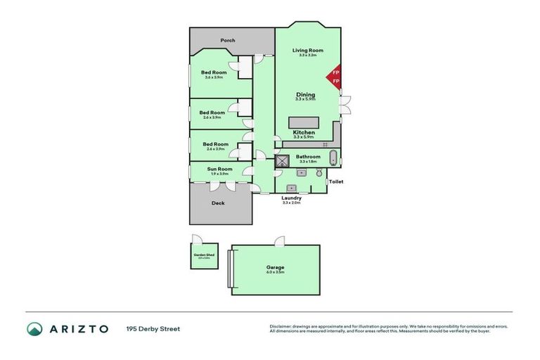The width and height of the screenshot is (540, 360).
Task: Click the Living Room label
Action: (307, 50)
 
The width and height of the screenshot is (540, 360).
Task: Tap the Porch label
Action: (227, 40)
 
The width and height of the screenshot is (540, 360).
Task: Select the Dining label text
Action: (305, 94)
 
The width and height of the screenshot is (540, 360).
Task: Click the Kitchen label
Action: (304, 132)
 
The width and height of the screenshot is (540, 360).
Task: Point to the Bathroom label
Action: (308, 157)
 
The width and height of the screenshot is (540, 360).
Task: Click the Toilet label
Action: (335, 181)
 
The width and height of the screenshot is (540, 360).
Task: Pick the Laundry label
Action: (291, 198)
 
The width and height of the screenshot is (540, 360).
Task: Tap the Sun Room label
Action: (219, 169)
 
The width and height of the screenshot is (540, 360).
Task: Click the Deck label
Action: (219, 204)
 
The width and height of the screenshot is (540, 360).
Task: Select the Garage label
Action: (275, 267)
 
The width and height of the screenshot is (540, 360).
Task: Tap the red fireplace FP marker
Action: (335, 77)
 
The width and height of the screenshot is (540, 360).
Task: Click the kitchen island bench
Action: (304, 121)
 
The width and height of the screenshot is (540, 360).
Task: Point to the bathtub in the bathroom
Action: (333, 157)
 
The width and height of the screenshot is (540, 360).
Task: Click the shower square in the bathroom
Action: (282, 161)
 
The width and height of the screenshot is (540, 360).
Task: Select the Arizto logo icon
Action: (34, 328)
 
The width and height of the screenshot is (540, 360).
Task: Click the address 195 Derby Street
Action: (153, 328)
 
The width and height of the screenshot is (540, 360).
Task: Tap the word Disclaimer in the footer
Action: (280, 326)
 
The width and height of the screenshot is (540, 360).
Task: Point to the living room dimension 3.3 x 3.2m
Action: (307, 55)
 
